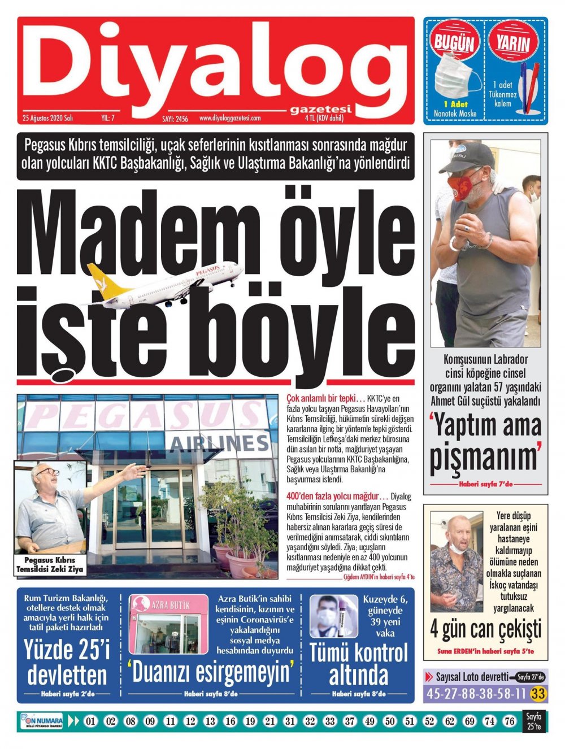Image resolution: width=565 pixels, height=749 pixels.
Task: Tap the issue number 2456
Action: (175, 119)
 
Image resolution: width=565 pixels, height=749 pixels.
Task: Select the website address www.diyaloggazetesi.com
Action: (230, 119)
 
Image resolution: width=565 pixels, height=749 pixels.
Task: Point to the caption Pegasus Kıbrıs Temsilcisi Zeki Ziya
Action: (50, 564)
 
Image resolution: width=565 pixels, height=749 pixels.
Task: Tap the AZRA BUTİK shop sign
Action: (170, 604)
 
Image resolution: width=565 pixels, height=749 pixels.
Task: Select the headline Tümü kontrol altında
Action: (358, 664)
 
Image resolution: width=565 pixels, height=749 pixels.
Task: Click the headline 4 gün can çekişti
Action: (485, 629)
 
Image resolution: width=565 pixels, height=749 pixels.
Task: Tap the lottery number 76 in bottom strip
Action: (509, 721)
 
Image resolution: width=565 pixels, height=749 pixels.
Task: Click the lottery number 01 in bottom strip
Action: (91, 721)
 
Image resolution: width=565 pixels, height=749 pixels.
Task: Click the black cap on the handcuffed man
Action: (467, 156)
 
